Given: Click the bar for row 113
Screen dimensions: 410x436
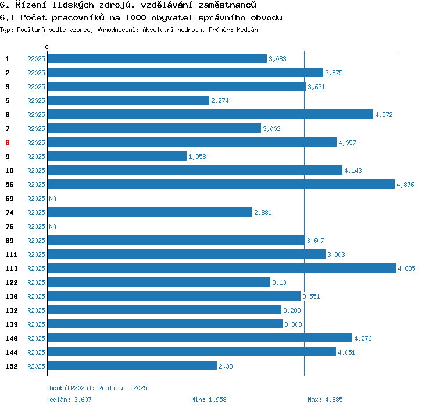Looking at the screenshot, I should pyautogui.click(x=221, y=268).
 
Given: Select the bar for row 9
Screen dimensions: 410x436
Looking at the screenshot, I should pyautogui.click(x=117, y=157).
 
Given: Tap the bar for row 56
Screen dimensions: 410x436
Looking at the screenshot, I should pyautogui.click(x=220, y=185).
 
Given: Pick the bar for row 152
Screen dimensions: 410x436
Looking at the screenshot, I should pyautogui.click(x=132, y=366).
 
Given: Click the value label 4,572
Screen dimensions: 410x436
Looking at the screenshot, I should pyautogui.click(x=384, y=115).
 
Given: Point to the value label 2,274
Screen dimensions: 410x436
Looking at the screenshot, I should pyautogui.click(x=220, y=101).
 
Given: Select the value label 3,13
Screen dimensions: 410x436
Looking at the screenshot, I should pyautogui.click(x=280, y=282).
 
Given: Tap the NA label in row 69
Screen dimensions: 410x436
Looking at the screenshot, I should pyautogui.click(x=52, y=199).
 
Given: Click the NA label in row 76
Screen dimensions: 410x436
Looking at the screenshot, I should pyautogui.click(x=52, y=227).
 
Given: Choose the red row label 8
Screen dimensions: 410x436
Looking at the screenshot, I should pyautogui.click(x=8, y=143).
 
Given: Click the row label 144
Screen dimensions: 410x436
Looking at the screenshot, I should pyautogui.click(x=12, y=352).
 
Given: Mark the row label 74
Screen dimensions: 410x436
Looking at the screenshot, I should pyautogui.click(x=9, y=213).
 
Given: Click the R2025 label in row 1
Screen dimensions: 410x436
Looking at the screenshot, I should pyautogui.click(x=36, y=59).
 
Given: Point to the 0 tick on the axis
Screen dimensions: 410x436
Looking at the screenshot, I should pyautogui.click(x=47, y=47).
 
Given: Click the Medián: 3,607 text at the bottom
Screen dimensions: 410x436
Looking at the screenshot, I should pyautogui.click(x=69, y=400).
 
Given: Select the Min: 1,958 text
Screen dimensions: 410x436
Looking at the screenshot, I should pyautogui.click(x=209, y=400).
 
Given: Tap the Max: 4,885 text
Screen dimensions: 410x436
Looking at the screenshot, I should pyautogui.click(x=325, y=400).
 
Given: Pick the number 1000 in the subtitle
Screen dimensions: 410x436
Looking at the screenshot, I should pyautogui.click(x=135, y=17).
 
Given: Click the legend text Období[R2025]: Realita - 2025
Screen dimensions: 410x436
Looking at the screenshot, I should pyautogui.click(x=97, y=388).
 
